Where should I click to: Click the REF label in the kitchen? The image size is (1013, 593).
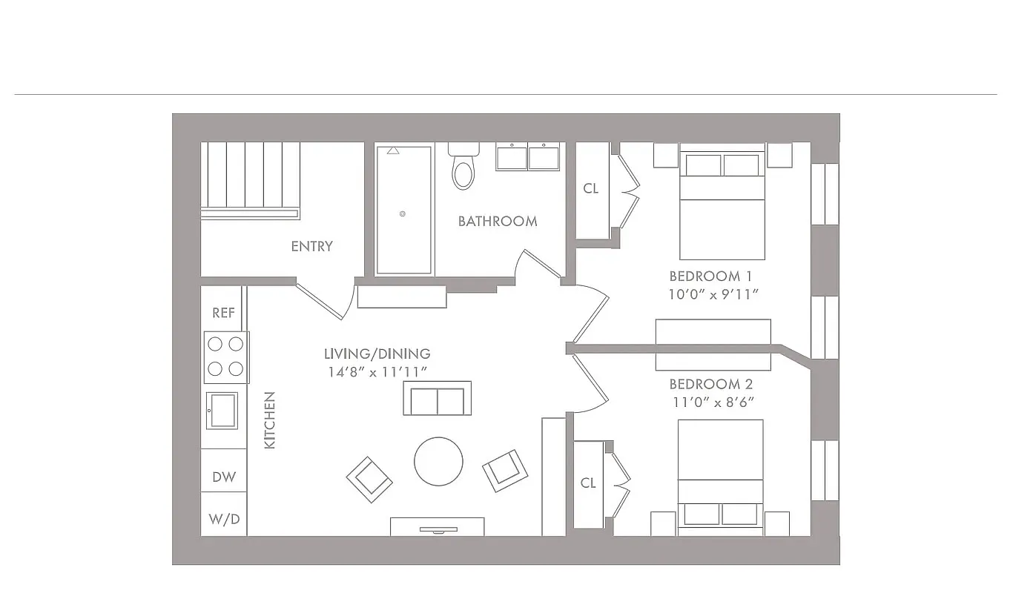point(223,313)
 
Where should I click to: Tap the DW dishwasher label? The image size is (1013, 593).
point(224,477)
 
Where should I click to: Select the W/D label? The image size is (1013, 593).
point(224,519)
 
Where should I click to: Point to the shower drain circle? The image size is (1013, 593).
point(403,213)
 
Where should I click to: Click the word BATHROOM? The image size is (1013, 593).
point(497,221)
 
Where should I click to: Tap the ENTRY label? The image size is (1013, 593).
point(311,246)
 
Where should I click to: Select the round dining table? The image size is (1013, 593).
point(438,461)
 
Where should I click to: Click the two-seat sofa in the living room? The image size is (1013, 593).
point(437,400)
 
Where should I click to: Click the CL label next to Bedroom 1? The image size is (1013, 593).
point(590,188)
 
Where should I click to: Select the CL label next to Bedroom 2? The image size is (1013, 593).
point(588,483)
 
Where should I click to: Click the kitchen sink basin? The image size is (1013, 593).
point(222,410)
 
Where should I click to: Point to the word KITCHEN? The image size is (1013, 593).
point(270,420)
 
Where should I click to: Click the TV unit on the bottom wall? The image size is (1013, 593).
point(437,526)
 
